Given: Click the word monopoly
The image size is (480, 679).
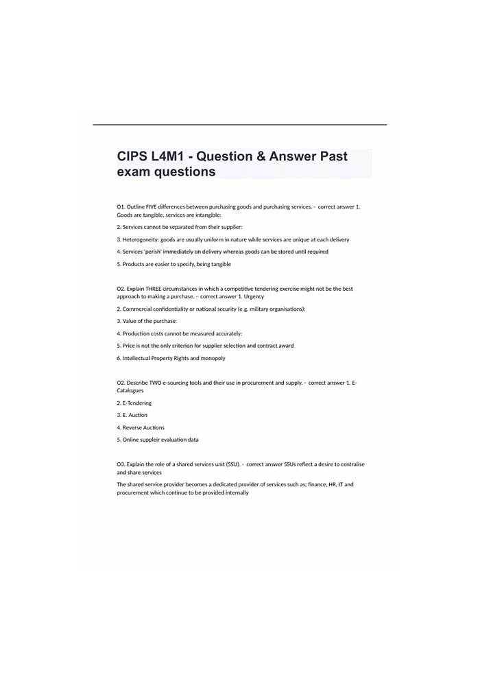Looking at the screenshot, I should (213, 358).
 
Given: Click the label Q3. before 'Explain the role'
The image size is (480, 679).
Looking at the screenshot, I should (121, 464).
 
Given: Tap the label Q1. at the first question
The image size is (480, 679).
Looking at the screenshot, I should (121, 206).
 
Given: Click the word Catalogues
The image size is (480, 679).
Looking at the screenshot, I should (130, 390).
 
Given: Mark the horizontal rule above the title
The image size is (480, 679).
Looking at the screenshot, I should (240, 125).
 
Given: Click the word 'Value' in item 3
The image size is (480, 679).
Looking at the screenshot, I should (130, 321).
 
